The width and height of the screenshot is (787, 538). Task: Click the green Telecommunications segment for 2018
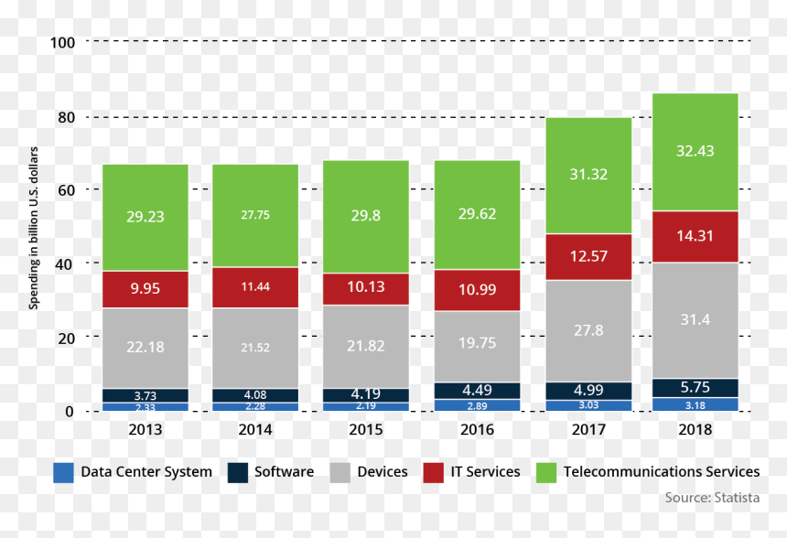695,152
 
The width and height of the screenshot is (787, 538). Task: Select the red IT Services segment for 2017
588,257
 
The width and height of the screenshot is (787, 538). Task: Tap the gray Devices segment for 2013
146,349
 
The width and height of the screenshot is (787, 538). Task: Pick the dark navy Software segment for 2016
478,391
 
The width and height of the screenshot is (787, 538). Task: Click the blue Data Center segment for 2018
695,404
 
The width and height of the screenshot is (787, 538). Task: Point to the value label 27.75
255,215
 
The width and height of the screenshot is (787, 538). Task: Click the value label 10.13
366,286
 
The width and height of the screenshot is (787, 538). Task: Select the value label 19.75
478,343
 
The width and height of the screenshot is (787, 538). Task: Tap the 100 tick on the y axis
63,43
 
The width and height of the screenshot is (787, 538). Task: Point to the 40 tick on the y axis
64,264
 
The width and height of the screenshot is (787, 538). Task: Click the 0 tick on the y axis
70,412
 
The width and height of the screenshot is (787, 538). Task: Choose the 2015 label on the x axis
366,430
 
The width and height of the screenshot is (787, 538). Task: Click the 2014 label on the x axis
255,430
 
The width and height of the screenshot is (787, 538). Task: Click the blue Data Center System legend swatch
63,473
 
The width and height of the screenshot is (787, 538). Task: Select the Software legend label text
284,472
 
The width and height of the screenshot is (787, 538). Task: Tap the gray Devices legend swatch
340,473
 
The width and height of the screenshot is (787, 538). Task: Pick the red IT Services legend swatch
433,473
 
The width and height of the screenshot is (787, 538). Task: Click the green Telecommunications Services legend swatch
546,473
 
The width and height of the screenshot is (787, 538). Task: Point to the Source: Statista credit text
712,498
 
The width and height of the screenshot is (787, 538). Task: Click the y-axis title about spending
33,228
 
